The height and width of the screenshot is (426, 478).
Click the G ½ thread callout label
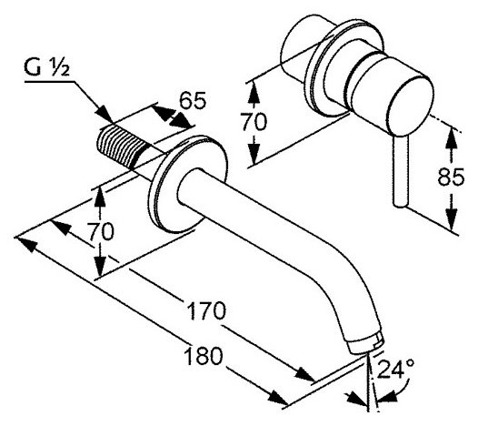click(x=47, y=67)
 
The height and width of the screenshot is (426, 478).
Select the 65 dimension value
click(x=193, y=100)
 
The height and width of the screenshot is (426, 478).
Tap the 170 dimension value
click(x=206, y=311)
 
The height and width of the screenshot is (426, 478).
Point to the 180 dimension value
click(x=204, y=356)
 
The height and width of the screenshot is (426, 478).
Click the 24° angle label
click(x=395, y=368)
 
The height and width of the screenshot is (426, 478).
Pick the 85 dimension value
click(x=451, y=177)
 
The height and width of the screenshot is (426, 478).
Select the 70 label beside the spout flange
click(x=101, y=231)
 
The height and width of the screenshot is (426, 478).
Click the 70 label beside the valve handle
click(x=254, y=121)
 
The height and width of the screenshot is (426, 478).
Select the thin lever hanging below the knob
click(x=400, y=172)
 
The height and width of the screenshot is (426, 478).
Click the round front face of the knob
click(x=411, y=105)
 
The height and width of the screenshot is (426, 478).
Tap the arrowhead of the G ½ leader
click(x=104, y=115)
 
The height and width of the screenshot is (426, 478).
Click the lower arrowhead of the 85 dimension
click(x=452, y=218)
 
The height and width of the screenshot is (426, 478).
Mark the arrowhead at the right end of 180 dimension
click(x=277, y=397)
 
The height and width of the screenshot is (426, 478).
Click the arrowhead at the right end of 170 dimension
click(x=304, y=374)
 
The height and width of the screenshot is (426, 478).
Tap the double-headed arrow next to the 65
click(x=172, y=117)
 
